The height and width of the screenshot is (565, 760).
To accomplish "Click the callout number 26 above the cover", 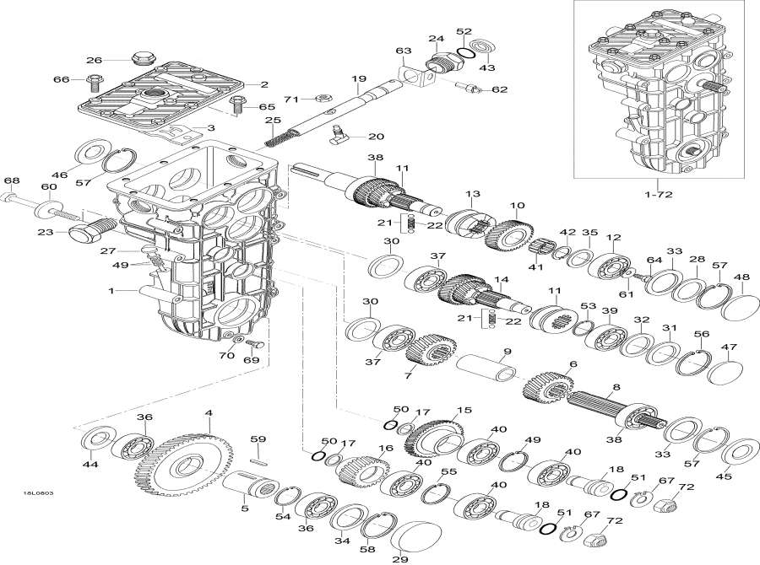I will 93,60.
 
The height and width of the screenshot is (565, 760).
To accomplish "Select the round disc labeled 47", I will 725,372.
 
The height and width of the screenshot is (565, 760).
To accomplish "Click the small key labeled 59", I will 260,460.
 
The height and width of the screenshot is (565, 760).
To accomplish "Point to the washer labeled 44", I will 99,440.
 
